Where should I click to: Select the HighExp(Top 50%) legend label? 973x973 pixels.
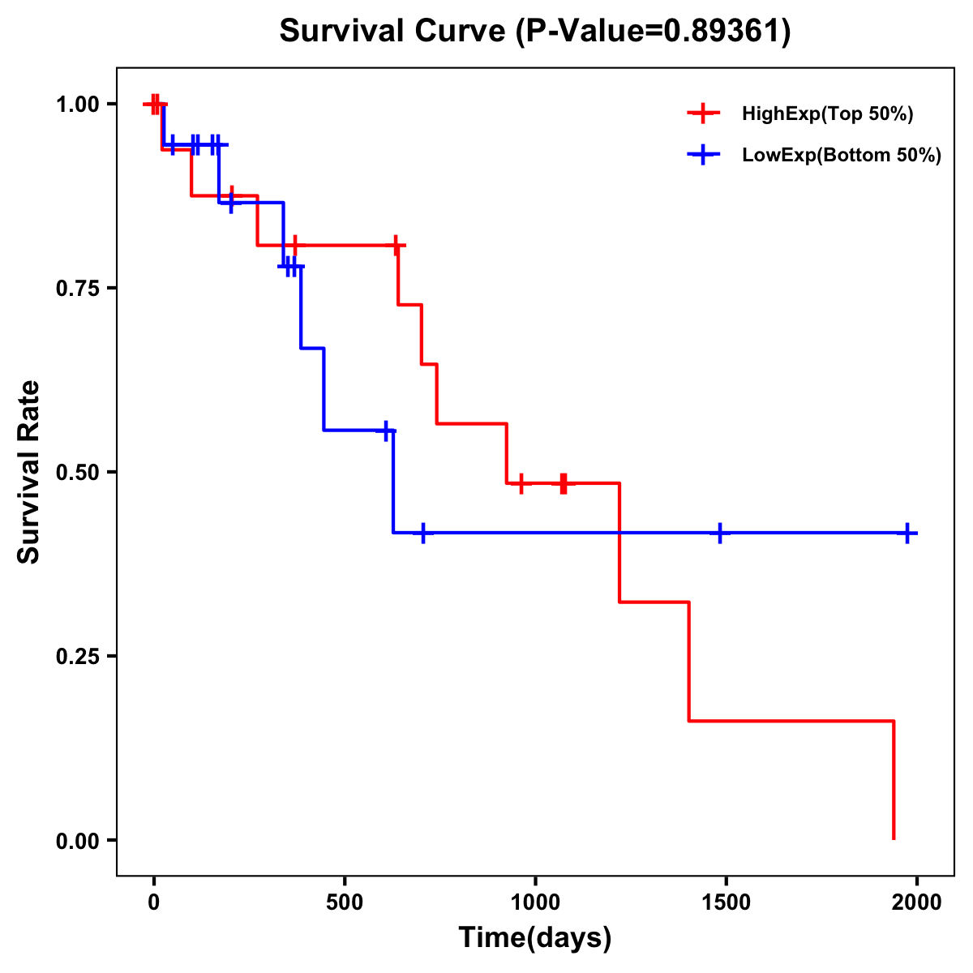pyautogui.click(x=828, y=114)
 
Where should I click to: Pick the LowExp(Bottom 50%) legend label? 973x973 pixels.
pyautogui.click(x=842, y=155)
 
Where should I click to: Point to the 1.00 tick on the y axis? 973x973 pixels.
pyautogui.click(x=77, y=105)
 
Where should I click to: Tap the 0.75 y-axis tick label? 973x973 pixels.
pyautogui.click(x=77, y=289)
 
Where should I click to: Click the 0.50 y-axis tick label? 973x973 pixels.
pyautogui.click(x=77, y=473)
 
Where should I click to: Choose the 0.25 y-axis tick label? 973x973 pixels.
pyautogui.click(x=77, y=657)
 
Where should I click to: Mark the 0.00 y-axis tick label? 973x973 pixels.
pyautogui.click(x=77, y=841)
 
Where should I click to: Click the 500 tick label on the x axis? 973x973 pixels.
pyautogui.click(x=345, y=902)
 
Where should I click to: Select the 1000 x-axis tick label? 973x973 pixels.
pyautogui.click(x=535, y=902)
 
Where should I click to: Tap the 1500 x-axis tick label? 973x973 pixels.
pyautogui.click(x=726, y=902)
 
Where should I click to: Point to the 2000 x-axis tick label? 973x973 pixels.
pyautogui.click(x=917, y=902)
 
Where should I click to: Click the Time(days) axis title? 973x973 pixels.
pyautogui.click(x=535, y=938)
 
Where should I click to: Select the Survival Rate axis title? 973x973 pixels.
pyautogui.click(x=29, y=471)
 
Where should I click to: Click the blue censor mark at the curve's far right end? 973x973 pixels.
pyautogui.click(x=908, y=533)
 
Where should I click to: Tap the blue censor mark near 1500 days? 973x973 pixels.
pyautogui.click(x=719, y=533)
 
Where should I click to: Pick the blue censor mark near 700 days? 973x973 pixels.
pyautogui.click(x=422, y=533)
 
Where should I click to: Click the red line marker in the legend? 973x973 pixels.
pyautogui.click(x=703, y=114)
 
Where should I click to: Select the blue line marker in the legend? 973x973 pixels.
pyautogui.click(x=703, y=155)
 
